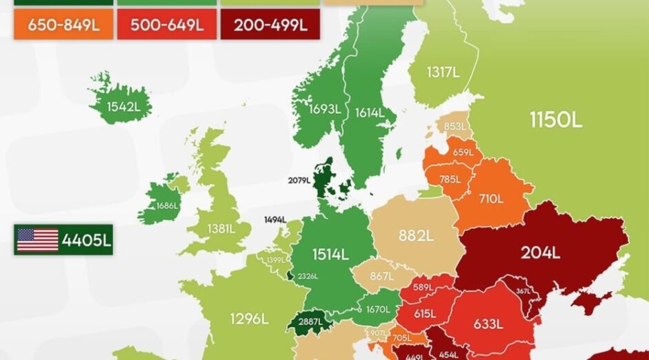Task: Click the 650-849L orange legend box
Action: (x=63, y=26)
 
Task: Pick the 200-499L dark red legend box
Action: (x=270, y=26)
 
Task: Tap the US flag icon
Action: (x=37, y=239)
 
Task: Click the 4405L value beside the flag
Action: (x=86, y=240)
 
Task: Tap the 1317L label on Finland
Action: (x=442, y=72)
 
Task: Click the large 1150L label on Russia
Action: (x=556, y=119)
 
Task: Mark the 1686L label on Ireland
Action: (x=167, y=205)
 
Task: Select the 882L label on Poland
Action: (x=415, y=236)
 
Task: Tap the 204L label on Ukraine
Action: (x=540, y=253)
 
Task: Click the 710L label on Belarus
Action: (x=491, y=199)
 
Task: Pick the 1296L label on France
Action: (x=248, y=319)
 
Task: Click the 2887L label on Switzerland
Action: (x=309, y=323)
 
